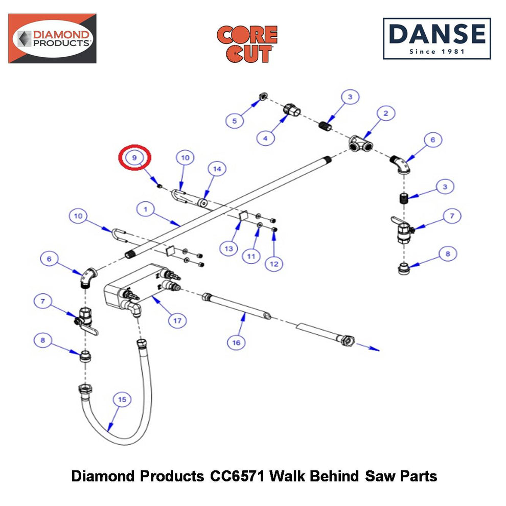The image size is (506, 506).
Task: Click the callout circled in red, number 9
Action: click(x=134, y=157)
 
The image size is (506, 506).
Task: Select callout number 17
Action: click(x=177, y=320)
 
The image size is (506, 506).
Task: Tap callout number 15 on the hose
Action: click(x=122, y=400)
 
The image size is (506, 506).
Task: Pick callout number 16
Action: click(x=236, y=342)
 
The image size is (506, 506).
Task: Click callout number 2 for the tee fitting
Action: click(x=385, y=113)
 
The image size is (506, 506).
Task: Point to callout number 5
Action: click(x=235, y=121)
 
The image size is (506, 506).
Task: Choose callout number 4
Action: click(x=265, y=138)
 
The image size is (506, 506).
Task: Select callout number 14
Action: click(x=217, y=169)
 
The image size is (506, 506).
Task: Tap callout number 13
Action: click(x=229, y=248)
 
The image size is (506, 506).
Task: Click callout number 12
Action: click(x=274, y=264)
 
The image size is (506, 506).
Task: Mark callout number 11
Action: click(x=251, y=256)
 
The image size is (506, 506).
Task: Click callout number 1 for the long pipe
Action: click(x=146, y=209)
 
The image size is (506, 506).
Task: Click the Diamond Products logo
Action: click(x=52, y=38)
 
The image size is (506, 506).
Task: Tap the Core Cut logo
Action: click(x=247, y=44)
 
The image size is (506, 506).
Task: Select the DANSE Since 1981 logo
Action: click(x=437, y=39)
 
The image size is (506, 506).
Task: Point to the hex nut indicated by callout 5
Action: click(x=263, y=96)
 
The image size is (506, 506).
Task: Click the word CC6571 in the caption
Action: click(x=237, y=476)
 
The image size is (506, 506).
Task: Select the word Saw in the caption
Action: click(x=380, y=476)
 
